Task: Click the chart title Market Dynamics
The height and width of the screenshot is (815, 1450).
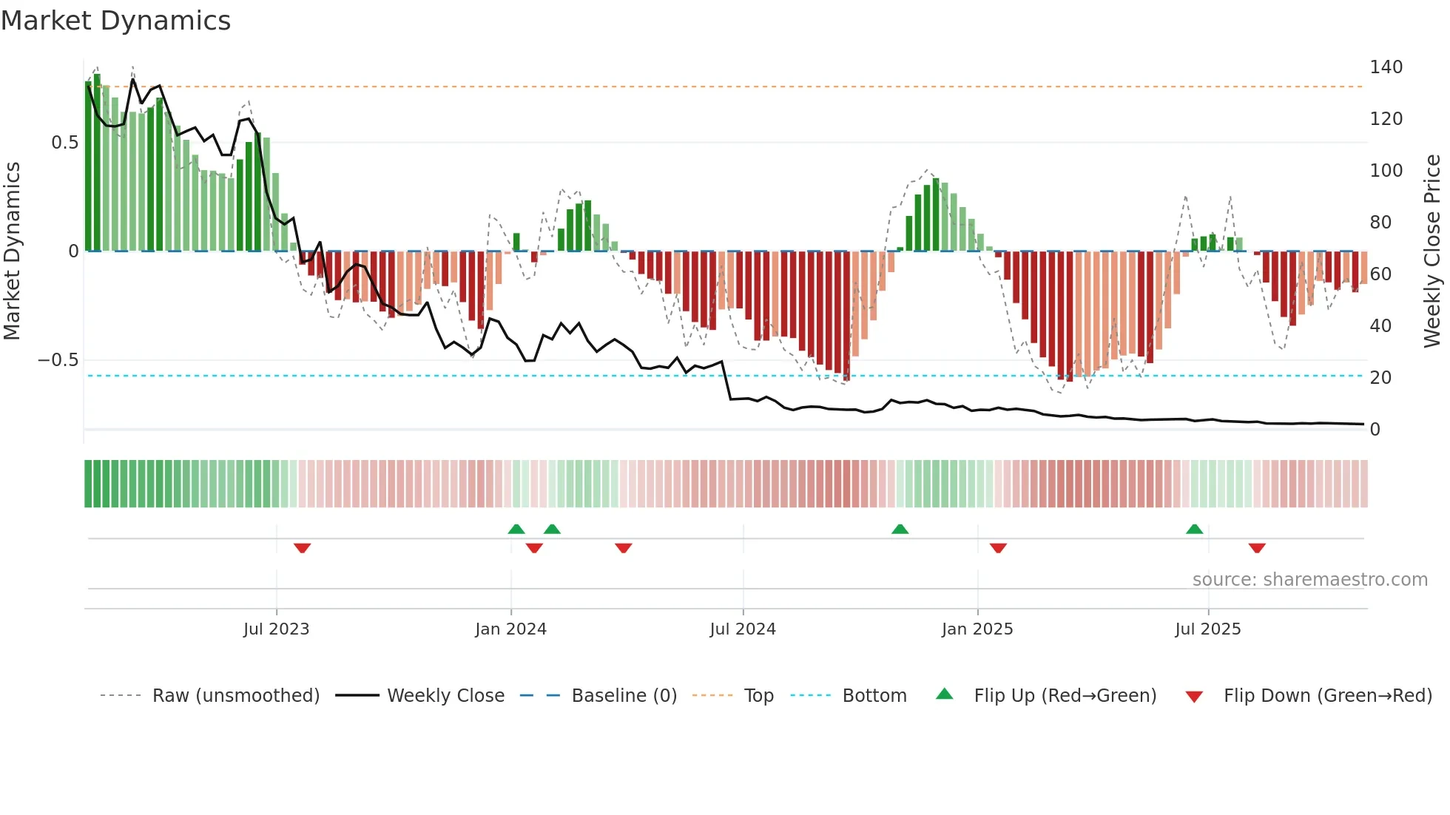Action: click(x=115, y=21)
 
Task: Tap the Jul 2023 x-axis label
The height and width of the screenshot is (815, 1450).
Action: click(x=276, y=629)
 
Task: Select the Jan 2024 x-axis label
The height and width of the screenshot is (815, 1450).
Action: click(x=510, y=629)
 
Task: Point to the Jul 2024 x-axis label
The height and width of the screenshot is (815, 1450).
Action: click(x=743, y=629)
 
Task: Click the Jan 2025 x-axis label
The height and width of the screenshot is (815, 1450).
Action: click(x=977, y=629)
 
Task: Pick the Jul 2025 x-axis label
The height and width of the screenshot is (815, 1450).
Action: click(x=1208, y=629)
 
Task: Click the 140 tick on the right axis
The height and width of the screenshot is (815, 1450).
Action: click(x=1386, y=67)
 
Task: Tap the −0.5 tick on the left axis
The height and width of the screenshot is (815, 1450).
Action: click(x=58, y=360)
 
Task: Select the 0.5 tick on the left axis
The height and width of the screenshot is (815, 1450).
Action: click(x=64, y=143)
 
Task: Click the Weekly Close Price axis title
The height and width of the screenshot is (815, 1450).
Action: click(x=1432, y=251)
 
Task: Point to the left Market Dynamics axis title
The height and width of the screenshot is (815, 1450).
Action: click(x=12, y=251)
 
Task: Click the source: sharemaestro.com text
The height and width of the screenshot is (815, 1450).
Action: click(x=1309, y=580)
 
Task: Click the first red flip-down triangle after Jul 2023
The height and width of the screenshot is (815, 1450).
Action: click(x=302, y=548)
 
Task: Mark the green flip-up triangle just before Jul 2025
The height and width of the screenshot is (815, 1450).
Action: click(x=1194, y=529)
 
